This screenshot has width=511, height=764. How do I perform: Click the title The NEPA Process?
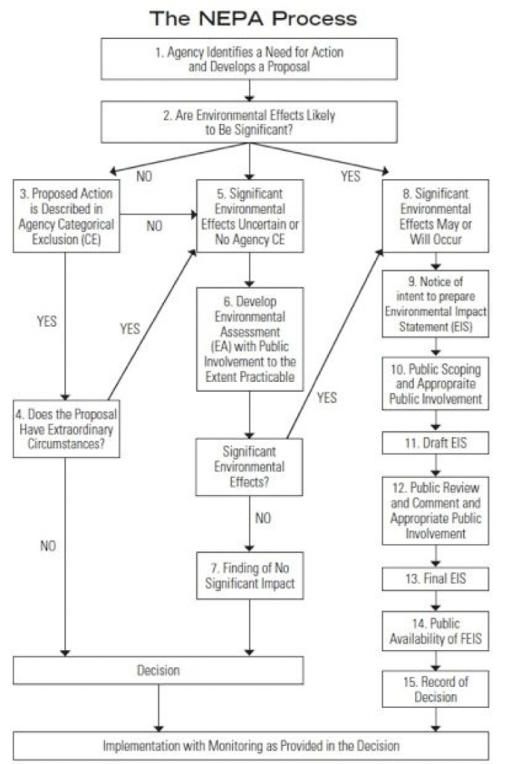[x=254, y=18]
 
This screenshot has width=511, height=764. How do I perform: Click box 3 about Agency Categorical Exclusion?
[x=66, y=216]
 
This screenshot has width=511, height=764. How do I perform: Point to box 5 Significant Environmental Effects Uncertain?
[x=250, y=216]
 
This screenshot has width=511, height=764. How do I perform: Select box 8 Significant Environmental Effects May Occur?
[x=436, y=216]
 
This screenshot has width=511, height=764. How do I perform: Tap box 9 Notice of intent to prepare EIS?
[x=436, y=304]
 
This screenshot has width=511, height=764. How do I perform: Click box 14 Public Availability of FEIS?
[x=436, y=631]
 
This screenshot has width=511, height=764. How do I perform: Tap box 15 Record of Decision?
[x=436, y=689]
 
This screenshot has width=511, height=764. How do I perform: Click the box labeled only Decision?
[x=158, y=670]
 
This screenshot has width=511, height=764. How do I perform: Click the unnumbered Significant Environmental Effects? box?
[x=250, y=467]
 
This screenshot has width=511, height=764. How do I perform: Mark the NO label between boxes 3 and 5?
[x=154, y=226]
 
